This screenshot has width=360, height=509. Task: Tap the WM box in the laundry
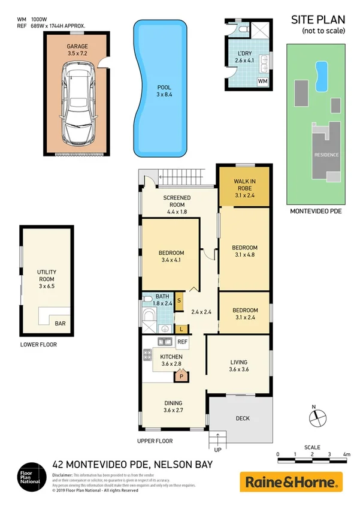point(262,81)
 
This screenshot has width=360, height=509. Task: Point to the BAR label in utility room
point(60,324)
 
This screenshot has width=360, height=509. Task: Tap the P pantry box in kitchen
point(180,377)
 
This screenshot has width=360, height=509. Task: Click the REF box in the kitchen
point(182,342)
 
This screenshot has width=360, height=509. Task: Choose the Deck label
point(243,418)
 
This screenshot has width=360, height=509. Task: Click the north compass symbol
point(318,417)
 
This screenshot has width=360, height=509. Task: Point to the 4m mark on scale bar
point(346,455)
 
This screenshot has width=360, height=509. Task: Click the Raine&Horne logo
point(291,481)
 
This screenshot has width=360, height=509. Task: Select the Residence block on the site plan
point(326,154)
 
